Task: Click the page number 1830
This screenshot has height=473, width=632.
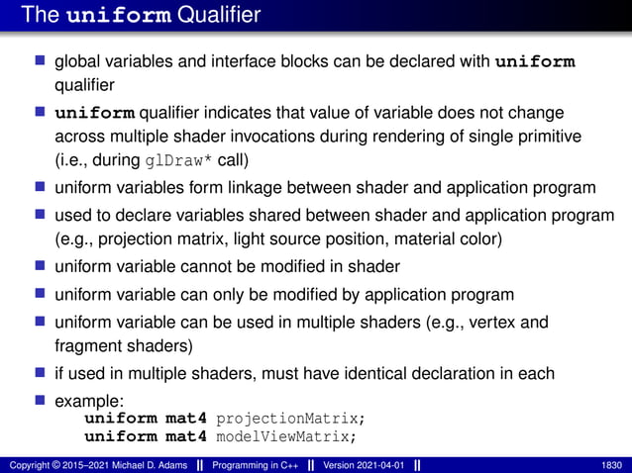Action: click(611, 465)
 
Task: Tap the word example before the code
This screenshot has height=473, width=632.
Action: click(83, 402)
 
